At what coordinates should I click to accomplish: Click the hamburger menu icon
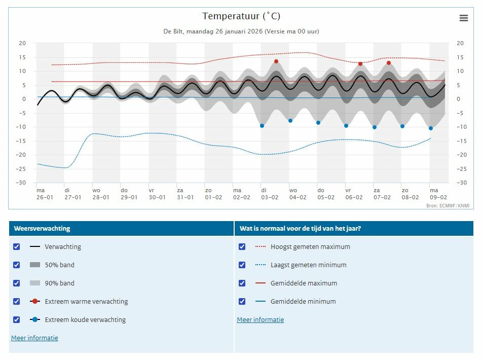[464, 18]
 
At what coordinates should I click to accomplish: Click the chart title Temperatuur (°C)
[241, 16]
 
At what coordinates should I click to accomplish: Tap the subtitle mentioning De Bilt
[241, 31]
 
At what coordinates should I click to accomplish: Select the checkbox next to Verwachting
[17, 246]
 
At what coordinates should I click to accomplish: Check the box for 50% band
[17, 265]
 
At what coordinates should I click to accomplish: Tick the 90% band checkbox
[17, 283]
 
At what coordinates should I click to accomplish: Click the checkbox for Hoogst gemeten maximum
[242, 246]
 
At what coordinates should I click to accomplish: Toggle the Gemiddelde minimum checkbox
[242, 301]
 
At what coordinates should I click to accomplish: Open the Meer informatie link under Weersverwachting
[34, 338]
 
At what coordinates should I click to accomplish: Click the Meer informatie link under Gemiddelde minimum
[261, 320]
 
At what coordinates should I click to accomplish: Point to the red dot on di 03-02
[276, 61]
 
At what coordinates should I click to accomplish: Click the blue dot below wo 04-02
[290, 121]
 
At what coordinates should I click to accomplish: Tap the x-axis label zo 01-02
[213, 194]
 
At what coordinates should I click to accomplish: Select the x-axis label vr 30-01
[157, 194]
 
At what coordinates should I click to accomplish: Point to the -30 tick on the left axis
[21, 183]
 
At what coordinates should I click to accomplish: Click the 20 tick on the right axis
[460, 43]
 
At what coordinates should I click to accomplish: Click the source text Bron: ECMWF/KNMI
[448, 206]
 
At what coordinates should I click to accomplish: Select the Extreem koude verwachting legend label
[85, 320]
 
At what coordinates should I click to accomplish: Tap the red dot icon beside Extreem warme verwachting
[35, 301]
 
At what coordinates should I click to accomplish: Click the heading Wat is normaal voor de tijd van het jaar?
[301, 228]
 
